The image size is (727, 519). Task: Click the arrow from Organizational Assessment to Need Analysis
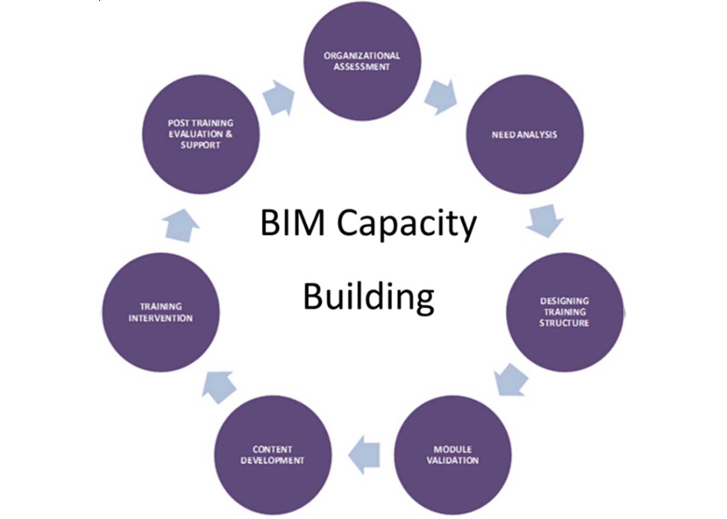[x=440, y=97]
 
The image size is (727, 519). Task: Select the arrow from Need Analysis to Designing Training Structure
[x=544, y=220]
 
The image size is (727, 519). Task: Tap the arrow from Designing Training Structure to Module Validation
[x=511, y=379]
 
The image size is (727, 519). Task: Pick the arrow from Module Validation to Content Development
[x=365, y=454]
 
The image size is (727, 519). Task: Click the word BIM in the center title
[x=292, y=223]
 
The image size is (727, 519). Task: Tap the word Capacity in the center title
[x=407, y=224]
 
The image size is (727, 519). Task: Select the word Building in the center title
[x=369, y=297]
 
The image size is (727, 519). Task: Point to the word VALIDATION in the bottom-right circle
[x=452, y=460]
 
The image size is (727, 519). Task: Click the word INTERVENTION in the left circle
[x=160, y=318]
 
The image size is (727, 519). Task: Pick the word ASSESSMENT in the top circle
[x=362, y=67]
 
